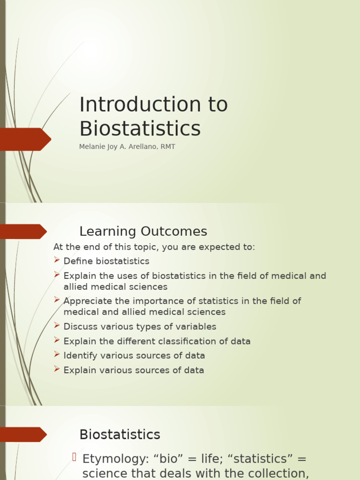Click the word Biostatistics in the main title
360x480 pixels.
click(140, 129)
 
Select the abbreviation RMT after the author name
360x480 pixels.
click(167, 147)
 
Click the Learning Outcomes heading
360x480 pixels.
click(143, 232)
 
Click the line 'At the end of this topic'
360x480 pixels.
click(154, 247)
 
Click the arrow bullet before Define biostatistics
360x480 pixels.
click(57, 260)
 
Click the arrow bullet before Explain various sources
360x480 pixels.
click(57, 369)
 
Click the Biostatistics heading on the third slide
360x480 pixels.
click(120, 435)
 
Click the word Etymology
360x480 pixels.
click(112, 459)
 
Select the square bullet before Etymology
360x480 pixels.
click(74, 457)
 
